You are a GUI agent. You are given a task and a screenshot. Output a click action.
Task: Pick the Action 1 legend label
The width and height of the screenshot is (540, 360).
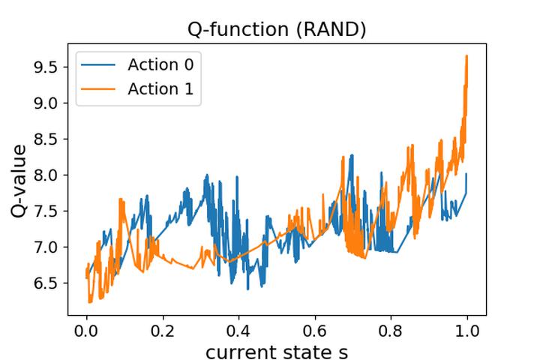click(160, 89)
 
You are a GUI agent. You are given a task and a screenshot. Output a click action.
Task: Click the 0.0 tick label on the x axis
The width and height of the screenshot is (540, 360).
click(87, 331)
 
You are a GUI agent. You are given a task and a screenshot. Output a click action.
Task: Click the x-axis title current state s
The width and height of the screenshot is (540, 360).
click(277, 351)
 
